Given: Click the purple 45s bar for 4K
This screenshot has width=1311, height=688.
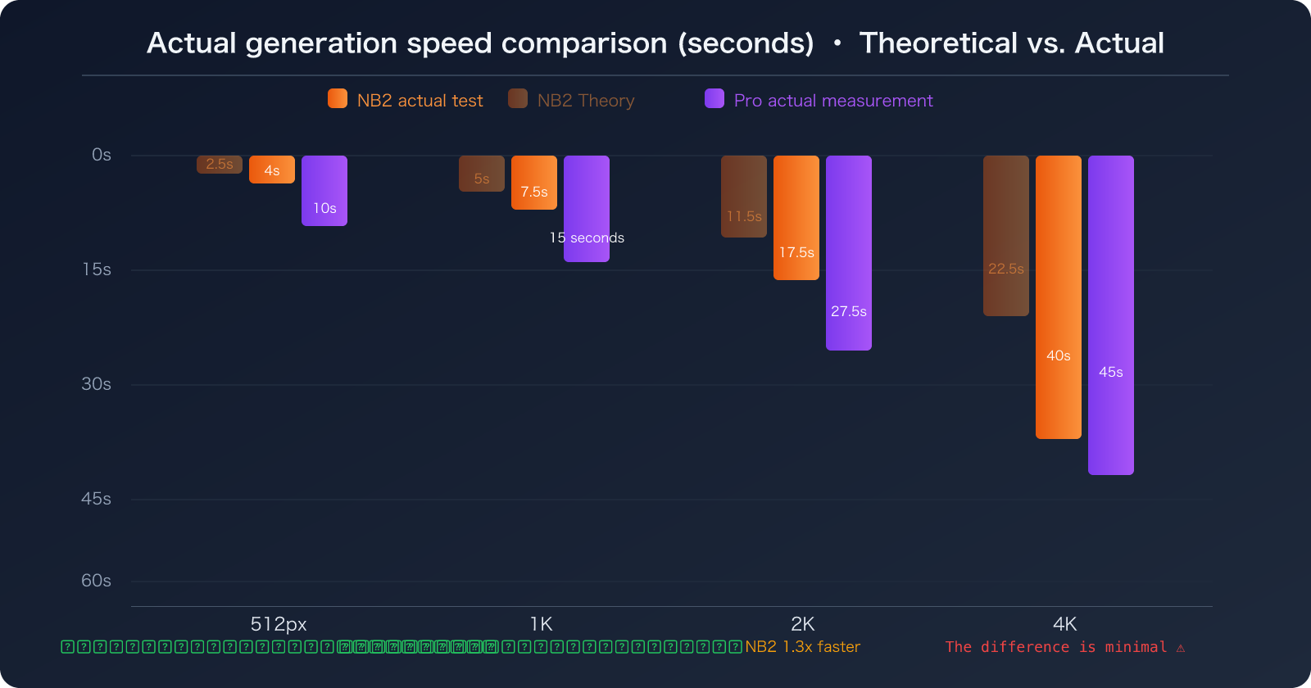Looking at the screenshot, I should [1110, 315].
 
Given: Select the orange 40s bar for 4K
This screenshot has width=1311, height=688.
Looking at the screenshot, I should [1058, 296].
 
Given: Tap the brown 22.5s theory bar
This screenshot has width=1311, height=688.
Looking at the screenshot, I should [1005, 235].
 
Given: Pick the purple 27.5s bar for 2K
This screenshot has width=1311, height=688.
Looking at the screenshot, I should [848, 252].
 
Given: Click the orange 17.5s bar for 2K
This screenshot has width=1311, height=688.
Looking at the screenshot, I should [796, 217].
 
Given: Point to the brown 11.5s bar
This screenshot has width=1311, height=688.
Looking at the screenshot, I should [743, 196].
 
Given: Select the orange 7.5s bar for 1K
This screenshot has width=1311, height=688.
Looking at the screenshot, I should [533, 182].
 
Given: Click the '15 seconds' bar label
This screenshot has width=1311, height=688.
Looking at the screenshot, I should [587, 238].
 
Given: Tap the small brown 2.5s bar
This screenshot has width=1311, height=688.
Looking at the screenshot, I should [219, 164].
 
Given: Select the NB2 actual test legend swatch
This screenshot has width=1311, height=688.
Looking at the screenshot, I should [337, 99].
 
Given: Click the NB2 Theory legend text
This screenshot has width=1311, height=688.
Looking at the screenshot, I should [585, 100].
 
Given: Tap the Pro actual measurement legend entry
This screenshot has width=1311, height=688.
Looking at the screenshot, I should [832, 100].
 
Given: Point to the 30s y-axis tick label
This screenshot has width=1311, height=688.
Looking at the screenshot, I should [96, 384].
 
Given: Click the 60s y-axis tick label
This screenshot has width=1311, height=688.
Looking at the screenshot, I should [96, 581].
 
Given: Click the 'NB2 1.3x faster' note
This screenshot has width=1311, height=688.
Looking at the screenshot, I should [802, 646].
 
